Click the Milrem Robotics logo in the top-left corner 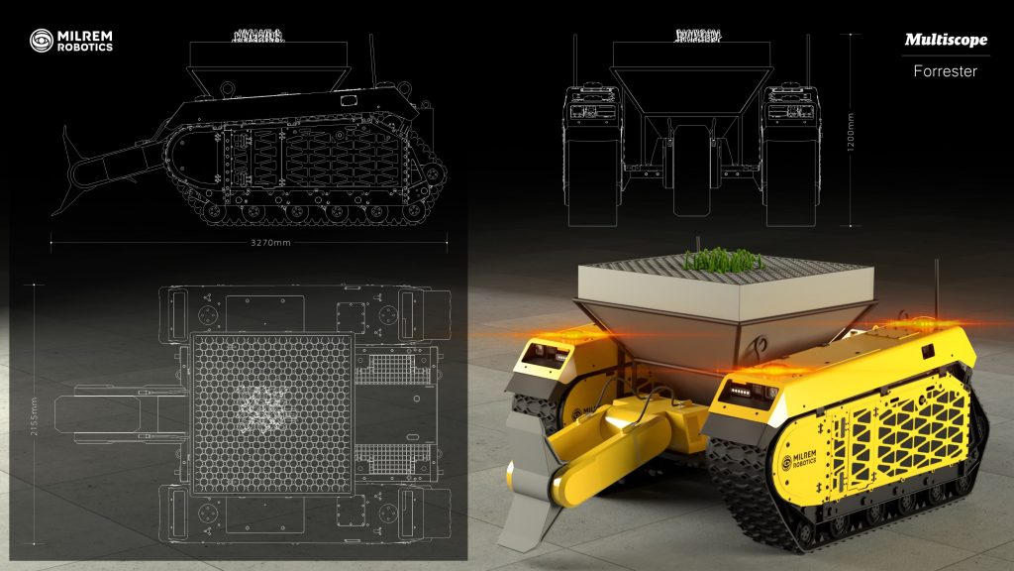pyautogui.click(x=70, y=40)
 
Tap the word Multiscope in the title pyautogui.click(x=945, y=40)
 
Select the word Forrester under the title pyautogui.click(x=945, y=71)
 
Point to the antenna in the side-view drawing pyautogui.click(x=372, y=59)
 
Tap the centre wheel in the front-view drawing pyautogui.click(x=692, y=169)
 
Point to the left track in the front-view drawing pyautogui.click(x=592, y=149)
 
